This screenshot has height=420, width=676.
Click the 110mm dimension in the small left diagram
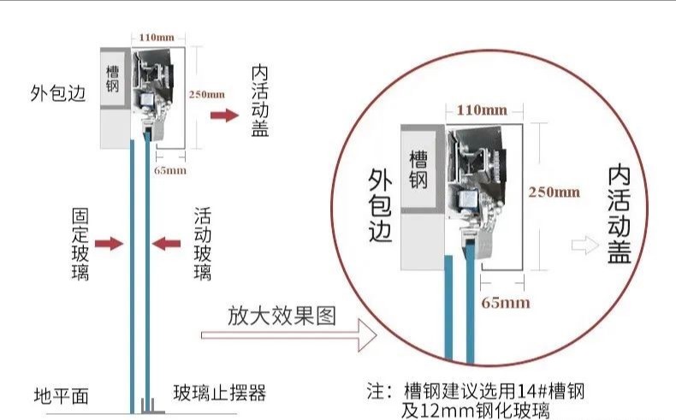coord(151,38)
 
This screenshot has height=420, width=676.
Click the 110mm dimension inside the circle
coord(481,109)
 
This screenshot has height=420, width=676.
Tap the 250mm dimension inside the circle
coord(554,192)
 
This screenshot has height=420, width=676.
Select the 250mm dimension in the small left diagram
coord(207,94)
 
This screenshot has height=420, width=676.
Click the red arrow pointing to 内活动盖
coord(225,115)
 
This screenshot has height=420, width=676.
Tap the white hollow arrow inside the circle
coord(585,245)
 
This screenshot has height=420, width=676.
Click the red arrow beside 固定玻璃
coord(109,245)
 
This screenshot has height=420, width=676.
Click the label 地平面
coord(61,395)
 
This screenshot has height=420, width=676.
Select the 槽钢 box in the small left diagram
coord(114,78)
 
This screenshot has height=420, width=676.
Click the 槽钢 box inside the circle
coord(419,169)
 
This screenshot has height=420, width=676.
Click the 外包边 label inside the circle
coord(380,204)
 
